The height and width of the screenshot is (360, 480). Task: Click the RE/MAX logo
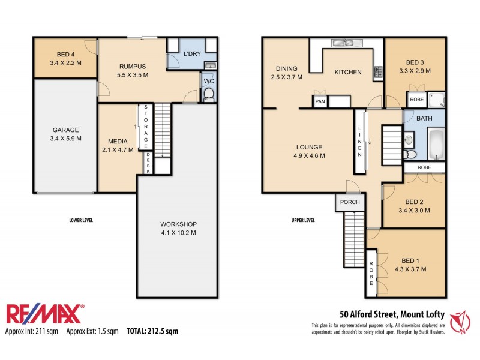pos(45,314)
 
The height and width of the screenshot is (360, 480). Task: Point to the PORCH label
pos(350,202)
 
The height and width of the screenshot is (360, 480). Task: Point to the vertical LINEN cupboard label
pos(360,142)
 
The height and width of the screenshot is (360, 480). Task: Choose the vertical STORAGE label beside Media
pos(145,127)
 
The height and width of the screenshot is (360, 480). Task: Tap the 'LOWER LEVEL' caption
pos(81,220)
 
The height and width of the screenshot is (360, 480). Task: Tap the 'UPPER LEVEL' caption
pos(303,220)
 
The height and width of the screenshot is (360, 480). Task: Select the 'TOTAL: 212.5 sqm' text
pos(152,331)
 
